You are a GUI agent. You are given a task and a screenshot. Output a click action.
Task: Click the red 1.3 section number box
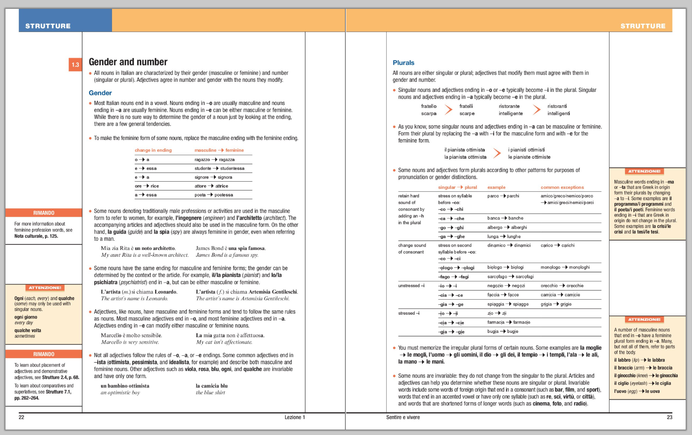[x=75, y=64]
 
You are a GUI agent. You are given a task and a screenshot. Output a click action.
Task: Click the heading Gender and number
[x=128, y=62]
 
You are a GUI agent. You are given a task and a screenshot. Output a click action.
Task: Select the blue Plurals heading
[x=403, y=63]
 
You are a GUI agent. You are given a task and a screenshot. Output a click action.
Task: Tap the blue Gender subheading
[x=100, y=93]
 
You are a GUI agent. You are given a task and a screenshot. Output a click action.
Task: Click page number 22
[x=21, y=417]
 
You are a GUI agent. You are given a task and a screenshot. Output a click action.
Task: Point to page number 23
[x=669, y=417]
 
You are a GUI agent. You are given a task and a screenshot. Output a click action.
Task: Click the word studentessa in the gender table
[x=232, y=169]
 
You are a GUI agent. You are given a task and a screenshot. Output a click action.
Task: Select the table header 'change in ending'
[x=153, y=150]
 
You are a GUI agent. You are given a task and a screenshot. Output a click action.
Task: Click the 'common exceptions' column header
[x=562, y=187]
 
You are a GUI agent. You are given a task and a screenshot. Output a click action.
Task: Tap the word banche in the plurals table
[x=516, y=218]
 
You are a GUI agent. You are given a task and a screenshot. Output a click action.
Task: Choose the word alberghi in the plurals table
[x=519, y=228]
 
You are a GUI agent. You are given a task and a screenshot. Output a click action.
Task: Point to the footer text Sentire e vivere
[x=403, y=417]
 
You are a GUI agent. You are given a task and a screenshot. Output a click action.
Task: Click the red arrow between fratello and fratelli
[x=449, y=110]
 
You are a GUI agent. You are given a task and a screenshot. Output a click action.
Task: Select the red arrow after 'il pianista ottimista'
[x=497, y=153]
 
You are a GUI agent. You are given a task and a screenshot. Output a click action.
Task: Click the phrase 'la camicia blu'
[x=211, y=386]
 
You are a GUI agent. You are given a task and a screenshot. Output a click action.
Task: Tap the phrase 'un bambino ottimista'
[x=125, y=386]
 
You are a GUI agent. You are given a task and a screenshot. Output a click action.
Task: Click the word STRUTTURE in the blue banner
[x=48, y=26]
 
